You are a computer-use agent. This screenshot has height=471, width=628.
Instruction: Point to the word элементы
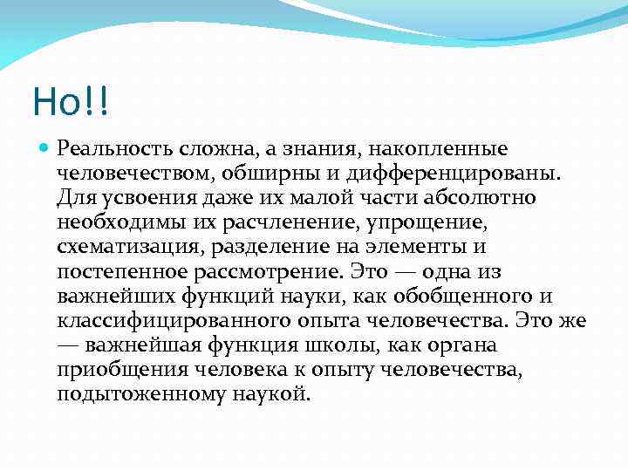(429, 247)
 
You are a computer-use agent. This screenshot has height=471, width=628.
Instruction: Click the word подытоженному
(132, 393)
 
